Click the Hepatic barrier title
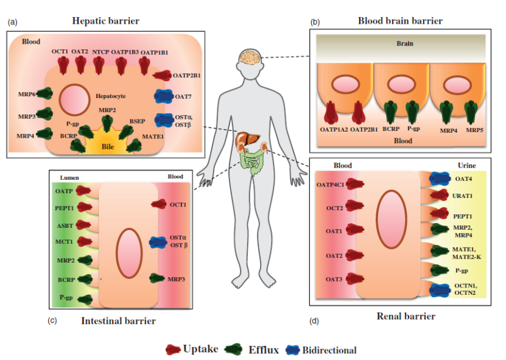[105, 21]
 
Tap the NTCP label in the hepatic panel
[100, 52]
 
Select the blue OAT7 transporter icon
[164, 96]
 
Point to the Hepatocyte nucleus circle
[74, 99]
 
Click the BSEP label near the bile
[136, 122]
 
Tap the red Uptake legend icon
[173, 350]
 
